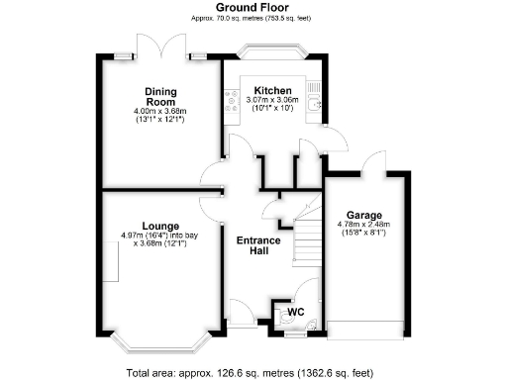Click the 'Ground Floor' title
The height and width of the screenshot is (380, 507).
coord(253,7)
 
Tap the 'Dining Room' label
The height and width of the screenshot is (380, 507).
coord(159,95)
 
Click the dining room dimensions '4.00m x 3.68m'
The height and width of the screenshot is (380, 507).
coord(159,112)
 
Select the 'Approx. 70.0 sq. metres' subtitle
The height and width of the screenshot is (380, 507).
coord(253,18)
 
